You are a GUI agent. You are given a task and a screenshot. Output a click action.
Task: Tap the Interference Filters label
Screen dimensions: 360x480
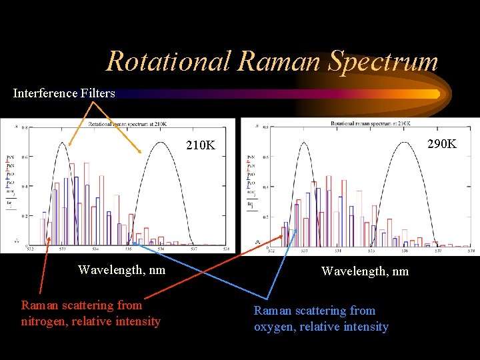(64, 93)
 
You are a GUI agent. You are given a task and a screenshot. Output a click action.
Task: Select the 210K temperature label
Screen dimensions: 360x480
(201, 145)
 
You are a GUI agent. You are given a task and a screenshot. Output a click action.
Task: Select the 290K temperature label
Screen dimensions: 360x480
(442, 143)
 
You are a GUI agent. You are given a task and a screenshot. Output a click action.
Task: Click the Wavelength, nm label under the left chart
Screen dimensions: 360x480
(121, 270)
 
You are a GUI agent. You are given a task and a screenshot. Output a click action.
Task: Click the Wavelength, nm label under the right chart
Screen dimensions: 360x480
(365, 271)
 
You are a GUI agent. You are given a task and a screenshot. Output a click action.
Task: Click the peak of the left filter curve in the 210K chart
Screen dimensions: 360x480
(63, 143)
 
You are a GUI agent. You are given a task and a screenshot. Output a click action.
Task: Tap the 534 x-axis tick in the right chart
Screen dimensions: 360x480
(337, 252)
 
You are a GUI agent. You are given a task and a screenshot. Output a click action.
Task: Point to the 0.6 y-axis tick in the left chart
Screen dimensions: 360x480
(25, 157)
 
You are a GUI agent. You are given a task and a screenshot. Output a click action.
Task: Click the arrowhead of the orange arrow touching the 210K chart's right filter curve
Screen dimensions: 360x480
(140, 153)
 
